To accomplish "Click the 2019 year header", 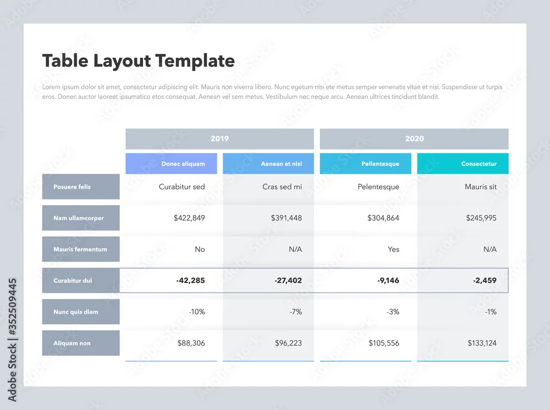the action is tap(219, 138).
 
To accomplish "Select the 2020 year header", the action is tap(414, 138).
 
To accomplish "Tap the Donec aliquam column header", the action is tap(171, 164).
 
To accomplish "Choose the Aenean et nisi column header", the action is tap(268, 164).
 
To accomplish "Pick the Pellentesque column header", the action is tap(366, 164).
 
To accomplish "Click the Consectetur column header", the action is tap(463, 164).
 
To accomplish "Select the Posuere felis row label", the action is tap(81, 187).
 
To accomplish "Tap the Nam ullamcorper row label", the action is tap(81, 218).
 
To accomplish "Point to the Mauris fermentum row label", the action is tap(81, 249).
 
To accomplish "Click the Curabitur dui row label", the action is tap(81, 280).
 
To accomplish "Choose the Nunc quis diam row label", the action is tap(81, 312).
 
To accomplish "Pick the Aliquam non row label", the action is tap(81, 343).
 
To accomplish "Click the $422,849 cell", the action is tap(189, 218).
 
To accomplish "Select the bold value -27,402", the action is tap(288, 280).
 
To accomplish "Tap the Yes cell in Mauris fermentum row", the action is tap(393, 249).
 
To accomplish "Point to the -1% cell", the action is tap(491, 312).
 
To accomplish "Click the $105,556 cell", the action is tap(384, 343).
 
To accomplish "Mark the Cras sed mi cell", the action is tap(282, 187).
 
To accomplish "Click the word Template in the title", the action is tap(195, 61).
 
